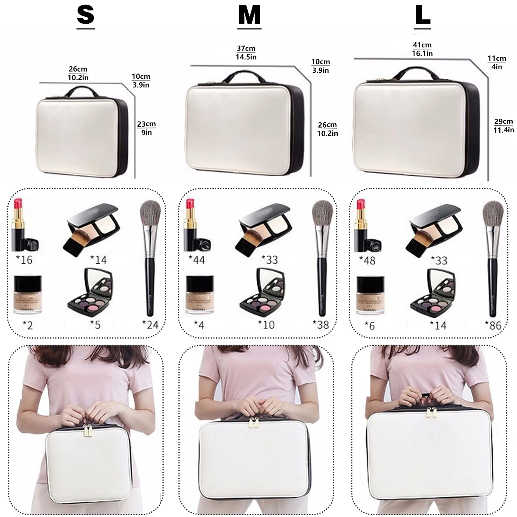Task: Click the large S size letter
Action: coord(85,16)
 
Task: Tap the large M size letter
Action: coord(249,16)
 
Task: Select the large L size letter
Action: coord(422,16)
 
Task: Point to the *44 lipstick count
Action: coord(196,260)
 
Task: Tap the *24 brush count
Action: coord(150,324)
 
